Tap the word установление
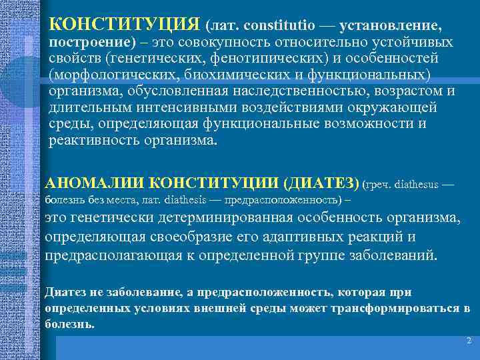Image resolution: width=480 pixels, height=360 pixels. (390, 26)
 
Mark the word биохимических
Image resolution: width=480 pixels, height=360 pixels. (257, 74)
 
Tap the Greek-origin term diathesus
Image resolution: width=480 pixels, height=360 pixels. (413, 183)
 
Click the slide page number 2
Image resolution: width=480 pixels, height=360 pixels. (468, 340)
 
